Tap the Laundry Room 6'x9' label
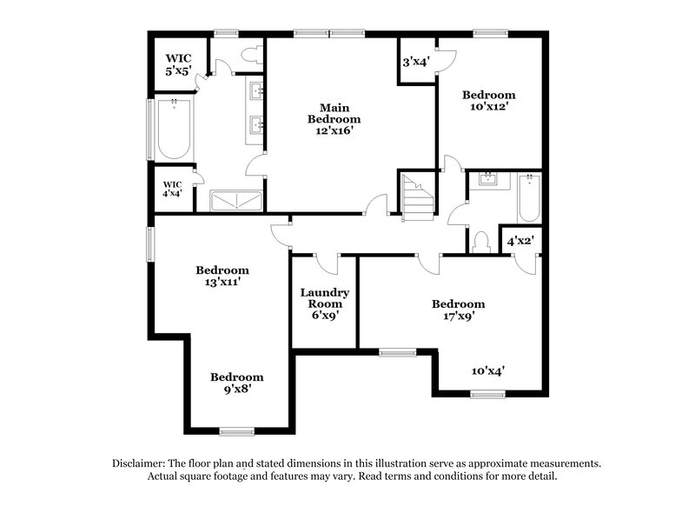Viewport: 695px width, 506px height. tap(324, 303)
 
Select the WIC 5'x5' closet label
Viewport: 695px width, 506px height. tap(179, 65)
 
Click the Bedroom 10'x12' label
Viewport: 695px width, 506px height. tap(488, 100)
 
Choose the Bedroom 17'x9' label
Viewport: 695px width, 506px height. tap(458, 310)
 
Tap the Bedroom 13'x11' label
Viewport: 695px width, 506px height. tap(222, 276)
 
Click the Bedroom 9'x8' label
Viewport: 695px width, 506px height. tap(236, 383)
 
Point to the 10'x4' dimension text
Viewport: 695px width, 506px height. tap(488, 370)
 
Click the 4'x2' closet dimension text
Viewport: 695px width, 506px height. tap(520, 240)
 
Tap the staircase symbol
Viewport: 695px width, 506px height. tap(418, 197)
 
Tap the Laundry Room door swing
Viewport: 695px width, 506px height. tap(327, 263)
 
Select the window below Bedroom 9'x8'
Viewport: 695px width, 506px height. tap(236, 431)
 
